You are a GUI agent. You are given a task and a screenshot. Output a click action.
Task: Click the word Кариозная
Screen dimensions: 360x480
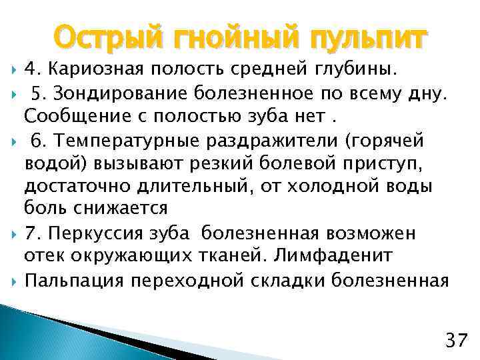pos(93,69)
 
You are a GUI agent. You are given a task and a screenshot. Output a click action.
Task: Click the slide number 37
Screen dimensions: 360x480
pos(455,342)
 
